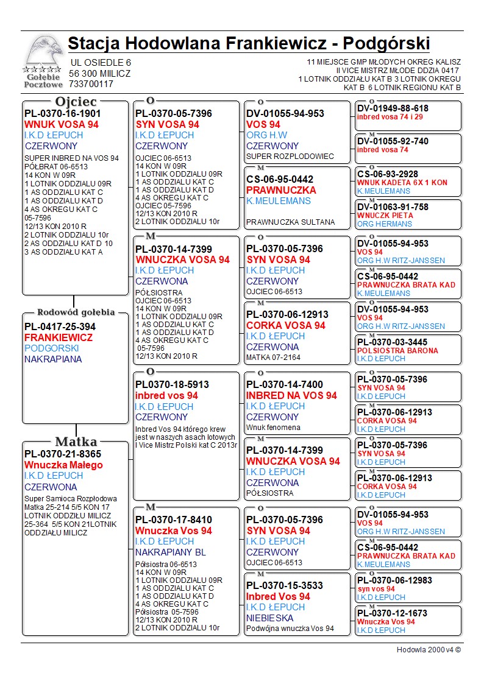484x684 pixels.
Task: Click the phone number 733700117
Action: (x=91, y=84)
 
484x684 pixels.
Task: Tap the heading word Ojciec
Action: (x=76, y=102)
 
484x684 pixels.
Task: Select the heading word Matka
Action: (x=76, y=442)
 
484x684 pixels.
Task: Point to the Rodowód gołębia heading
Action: (x=76, y=312)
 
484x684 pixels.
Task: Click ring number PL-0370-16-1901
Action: (x=62, y=113)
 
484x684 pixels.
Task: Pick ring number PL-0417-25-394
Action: (x=60, y=326)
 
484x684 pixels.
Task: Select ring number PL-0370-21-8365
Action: (x=62, y=454)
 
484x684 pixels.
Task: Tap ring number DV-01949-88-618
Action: (x=393, y=108)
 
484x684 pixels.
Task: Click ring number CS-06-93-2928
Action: (x=388, y=174)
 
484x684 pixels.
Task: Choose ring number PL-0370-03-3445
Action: (x=393, y=342)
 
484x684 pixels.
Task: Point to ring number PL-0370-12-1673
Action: (x=393, y=613)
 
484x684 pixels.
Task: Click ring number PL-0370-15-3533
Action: (x=285, y=585)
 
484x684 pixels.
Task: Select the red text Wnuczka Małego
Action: (x=63, y=465)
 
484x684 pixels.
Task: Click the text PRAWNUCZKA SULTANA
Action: (x=291, y=222)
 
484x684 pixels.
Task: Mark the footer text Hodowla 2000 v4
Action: (x=429, y=650)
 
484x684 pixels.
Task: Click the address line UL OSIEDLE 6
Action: (x=101, y=62)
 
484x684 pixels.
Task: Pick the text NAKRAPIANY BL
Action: (x=171, y=552)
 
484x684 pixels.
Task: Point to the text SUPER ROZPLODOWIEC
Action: (x=290, y=157)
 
